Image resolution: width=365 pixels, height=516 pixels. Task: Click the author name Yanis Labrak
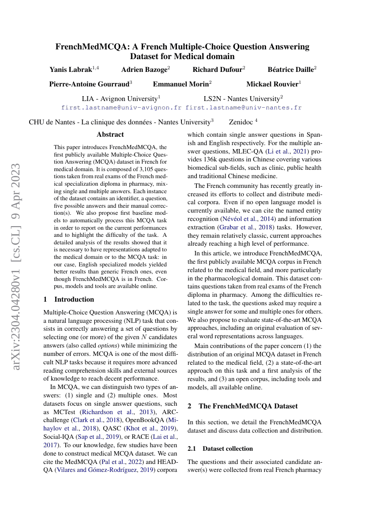pyautogui.click(x=71, y=70)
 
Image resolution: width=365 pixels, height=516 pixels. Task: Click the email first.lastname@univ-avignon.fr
pyautogui.click(x=121, y=107)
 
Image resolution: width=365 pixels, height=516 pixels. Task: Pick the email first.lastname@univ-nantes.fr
pyautogui.click(x=244, y=107)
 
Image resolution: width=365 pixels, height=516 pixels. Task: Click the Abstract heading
pyautogui.click(x=110, y=135)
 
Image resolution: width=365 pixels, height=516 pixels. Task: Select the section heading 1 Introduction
pyautogui.click(x=69, y=299)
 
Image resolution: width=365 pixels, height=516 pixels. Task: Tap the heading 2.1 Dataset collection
pyautogui.click(x=220, y=449)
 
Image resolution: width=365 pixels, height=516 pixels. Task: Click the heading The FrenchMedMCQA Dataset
pyautogui.click(x=248, y=406)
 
